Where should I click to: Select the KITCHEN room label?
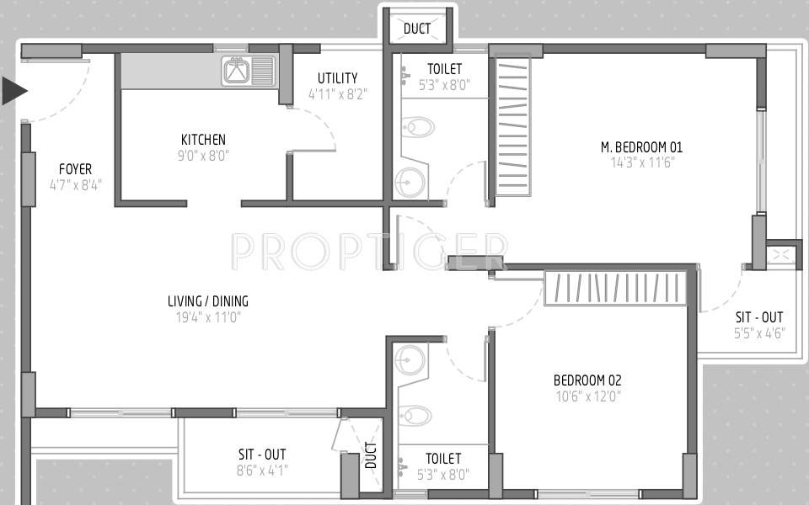point(203,140)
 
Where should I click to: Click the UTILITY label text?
point(337,78)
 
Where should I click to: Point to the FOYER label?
point(75,169)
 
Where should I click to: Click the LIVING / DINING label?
point(208,301)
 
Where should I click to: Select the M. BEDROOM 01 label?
point(641,147)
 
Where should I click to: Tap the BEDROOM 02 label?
point(587,380)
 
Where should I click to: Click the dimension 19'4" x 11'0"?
point(208,317)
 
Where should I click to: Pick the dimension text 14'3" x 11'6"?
point(641,162)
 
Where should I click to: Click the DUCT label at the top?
point(417,29)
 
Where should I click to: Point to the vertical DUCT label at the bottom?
point(371,457)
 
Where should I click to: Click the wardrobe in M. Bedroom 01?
point(513,126)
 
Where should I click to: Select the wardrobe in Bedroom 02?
point(621,288)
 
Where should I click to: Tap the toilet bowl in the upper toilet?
point(417,128)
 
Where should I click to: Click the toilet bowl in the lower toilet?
point(415,416)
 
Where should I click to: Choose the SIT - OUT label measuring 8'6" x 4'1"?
point(261,454)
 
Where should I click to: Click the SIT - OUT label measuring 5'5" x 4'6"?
point(758,317)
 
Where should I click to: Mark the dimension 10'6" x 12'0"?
point(587,396)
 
